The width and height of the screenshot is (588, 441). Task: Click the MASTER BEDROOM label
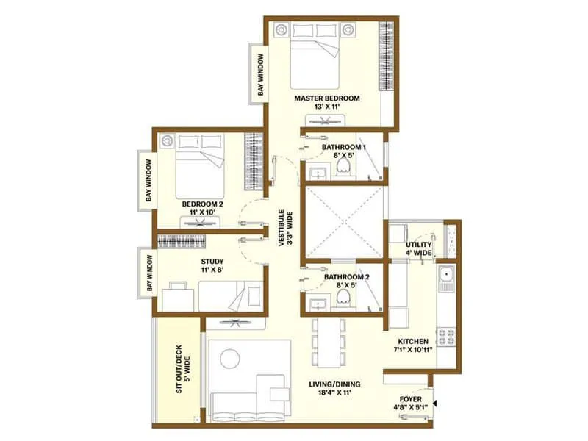tap(326, 98)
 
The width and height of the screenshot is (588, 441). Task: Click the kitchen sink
tap(446, 277)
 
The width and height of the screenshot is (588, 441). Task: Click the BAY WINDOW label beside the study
tap(148, 272)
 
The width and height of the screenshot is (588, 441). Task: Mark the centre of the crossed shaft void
tap(344, 222)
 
